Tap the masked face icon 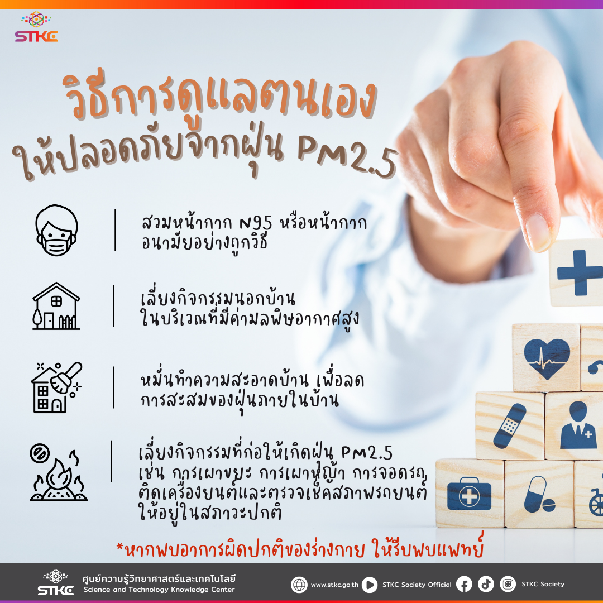tap(56, 231)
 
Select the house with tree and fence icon tap(56, 306)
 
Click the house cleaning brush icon tap(56, 387)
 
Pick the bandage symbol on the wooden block tap(509, 425)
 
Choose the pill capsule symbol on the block tap(538, 495)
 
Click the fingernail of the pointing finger tap(539, 233)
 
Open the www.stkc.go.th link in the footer tap(334, 585)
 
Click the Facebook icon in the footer tap(464, 585)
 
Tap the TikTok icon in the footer tap(486, 584)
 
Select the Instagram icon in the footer tap(508, 584)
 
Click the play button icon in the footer tap(370, 585)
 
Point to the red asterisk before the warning tap(120, 547)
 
